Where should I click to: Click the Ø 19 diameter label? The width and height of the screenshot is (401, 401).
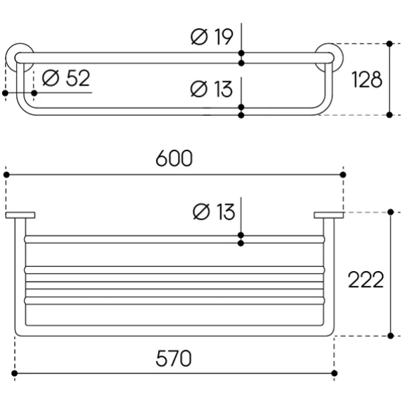tap(212, 37)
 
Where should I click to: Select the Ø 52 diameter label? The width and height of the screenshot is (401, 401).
tap(66, 78)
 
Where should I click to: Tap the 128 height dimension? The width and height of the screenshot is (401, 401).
tap(366, 80)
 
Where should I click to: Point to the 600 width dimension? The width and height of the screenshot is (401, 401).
tap(174, 158)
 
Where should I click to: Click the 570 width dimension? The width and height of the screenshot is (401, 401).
tap(174, 359)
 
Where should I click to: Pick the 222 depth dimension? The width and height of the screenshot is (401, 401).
tap(366, 280)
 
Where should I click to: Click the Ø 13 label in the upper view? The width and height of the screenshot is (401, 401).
tap(212, 89)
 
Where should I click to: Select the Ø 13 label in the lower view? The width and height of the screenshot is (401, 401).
tap(214, 212)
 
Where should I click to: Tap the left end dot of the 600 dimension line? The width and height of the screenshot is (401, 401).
tap(6, 174)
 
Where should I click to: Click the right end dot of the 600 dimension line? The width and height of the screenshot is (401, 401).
tap(343, 174)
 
